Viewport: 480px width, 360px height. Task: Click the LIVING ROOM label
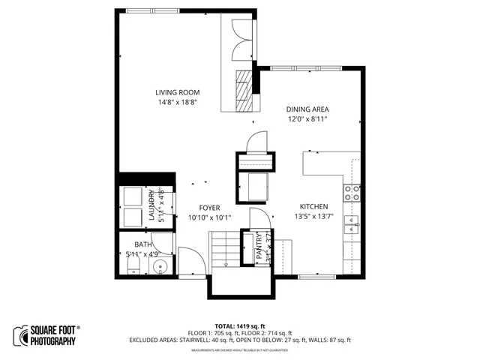pos(178,92)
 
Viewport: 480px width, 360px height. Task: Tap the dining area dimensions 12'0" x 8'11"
pos(307,118)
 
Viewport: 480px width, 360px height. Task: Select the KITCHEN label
pos(314,206)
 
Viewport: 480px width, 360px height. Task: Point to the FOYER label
pos(209,208)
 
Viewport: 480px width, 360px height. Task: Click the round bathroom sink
pos(158,267)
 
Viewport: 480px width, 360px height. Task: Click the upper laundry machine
pos(134,196)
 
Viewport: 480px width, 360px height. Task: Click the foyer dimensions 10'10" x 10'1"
pos(209,217)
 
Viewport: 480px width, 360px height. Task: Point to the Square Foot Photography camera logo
pos(20,335)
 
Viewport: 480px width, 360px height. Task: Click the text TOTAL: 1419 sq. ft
pos(240,326)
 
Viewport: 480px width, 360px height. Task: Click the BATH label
pos(142,245)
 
